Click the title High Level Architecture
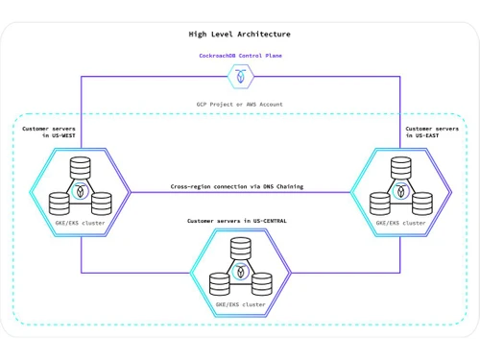(239, 35)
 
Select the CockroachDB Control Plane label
(239, 56)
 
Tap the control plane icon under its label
(239, 74)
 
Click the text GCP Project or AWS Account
(239, 104)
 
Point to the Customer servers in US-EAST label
(431, 132)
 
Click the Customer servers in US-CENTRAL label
(239, 221)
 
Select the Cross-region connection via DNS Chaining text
(239, 186)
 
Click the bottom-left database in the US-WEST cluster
(59, 202)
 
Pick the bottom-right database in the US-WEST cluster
(102, 202)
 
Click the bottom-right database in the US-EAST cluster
(420, 202)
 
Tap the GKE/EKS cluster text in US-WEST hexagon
(81, 223)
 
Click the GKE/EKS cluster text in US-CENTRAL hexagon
(240, 304)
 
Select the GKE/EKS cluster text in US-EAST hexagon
(399, 223)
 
